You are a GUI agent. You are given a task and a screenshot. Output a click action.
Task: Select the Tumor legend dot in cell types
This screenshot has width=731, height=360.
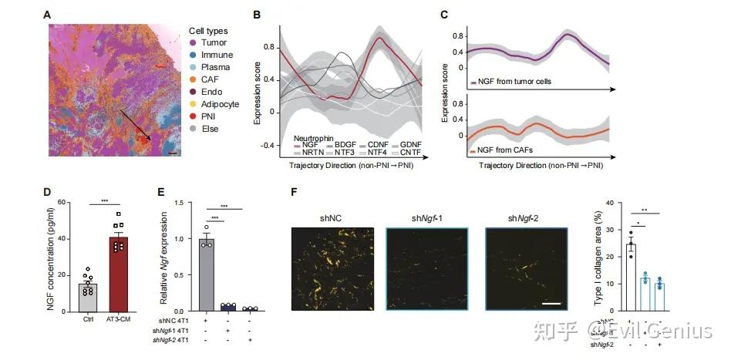[x=194, y=42]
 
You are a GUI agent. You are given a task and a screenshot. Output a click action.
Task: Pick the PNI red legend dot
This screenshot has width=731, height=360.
[x=194, y=116]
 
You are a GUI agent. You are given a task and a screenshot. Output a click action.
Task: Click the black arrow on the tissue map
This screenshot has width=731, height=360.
[x=127, y=125]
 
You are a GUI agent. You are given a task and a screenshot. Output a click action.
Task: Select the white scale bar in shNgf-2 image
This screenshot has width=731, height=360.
[x=550, y=304]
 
